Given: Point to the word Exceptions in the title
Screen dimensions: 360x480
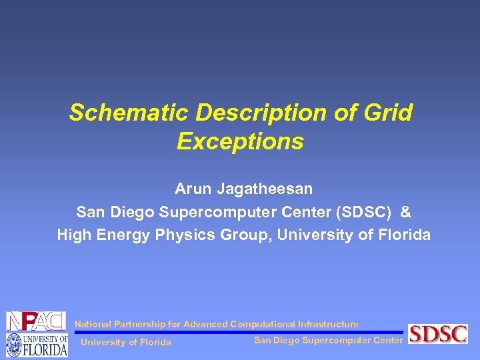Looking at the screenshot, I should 240,141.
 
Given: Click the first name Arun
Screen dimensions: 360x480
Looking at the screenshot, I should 192,189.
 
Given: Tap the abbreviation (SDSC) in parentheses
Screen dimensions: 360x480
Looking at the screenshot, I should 363,212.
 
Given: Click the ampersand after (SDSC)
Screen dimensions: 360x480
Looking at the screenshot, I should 407,212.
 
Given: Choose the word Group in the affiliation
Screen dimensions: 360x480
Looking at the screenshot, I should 247,235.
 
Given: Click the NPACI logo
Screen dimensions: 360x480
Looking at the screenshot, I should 36,321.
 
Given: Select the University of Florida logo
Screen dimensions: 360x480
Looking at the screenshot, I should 36,345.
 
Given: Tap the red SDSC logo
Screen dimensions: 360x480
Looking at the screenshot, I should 438,333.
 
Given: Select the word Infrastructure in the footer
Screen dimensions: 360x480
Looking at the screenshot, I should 327,324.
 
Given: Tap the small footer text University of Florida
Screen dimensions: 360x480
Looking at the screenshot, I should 125,343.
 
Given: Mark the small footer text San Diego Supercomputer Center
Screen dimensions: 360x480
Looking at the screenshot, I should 328,341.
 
